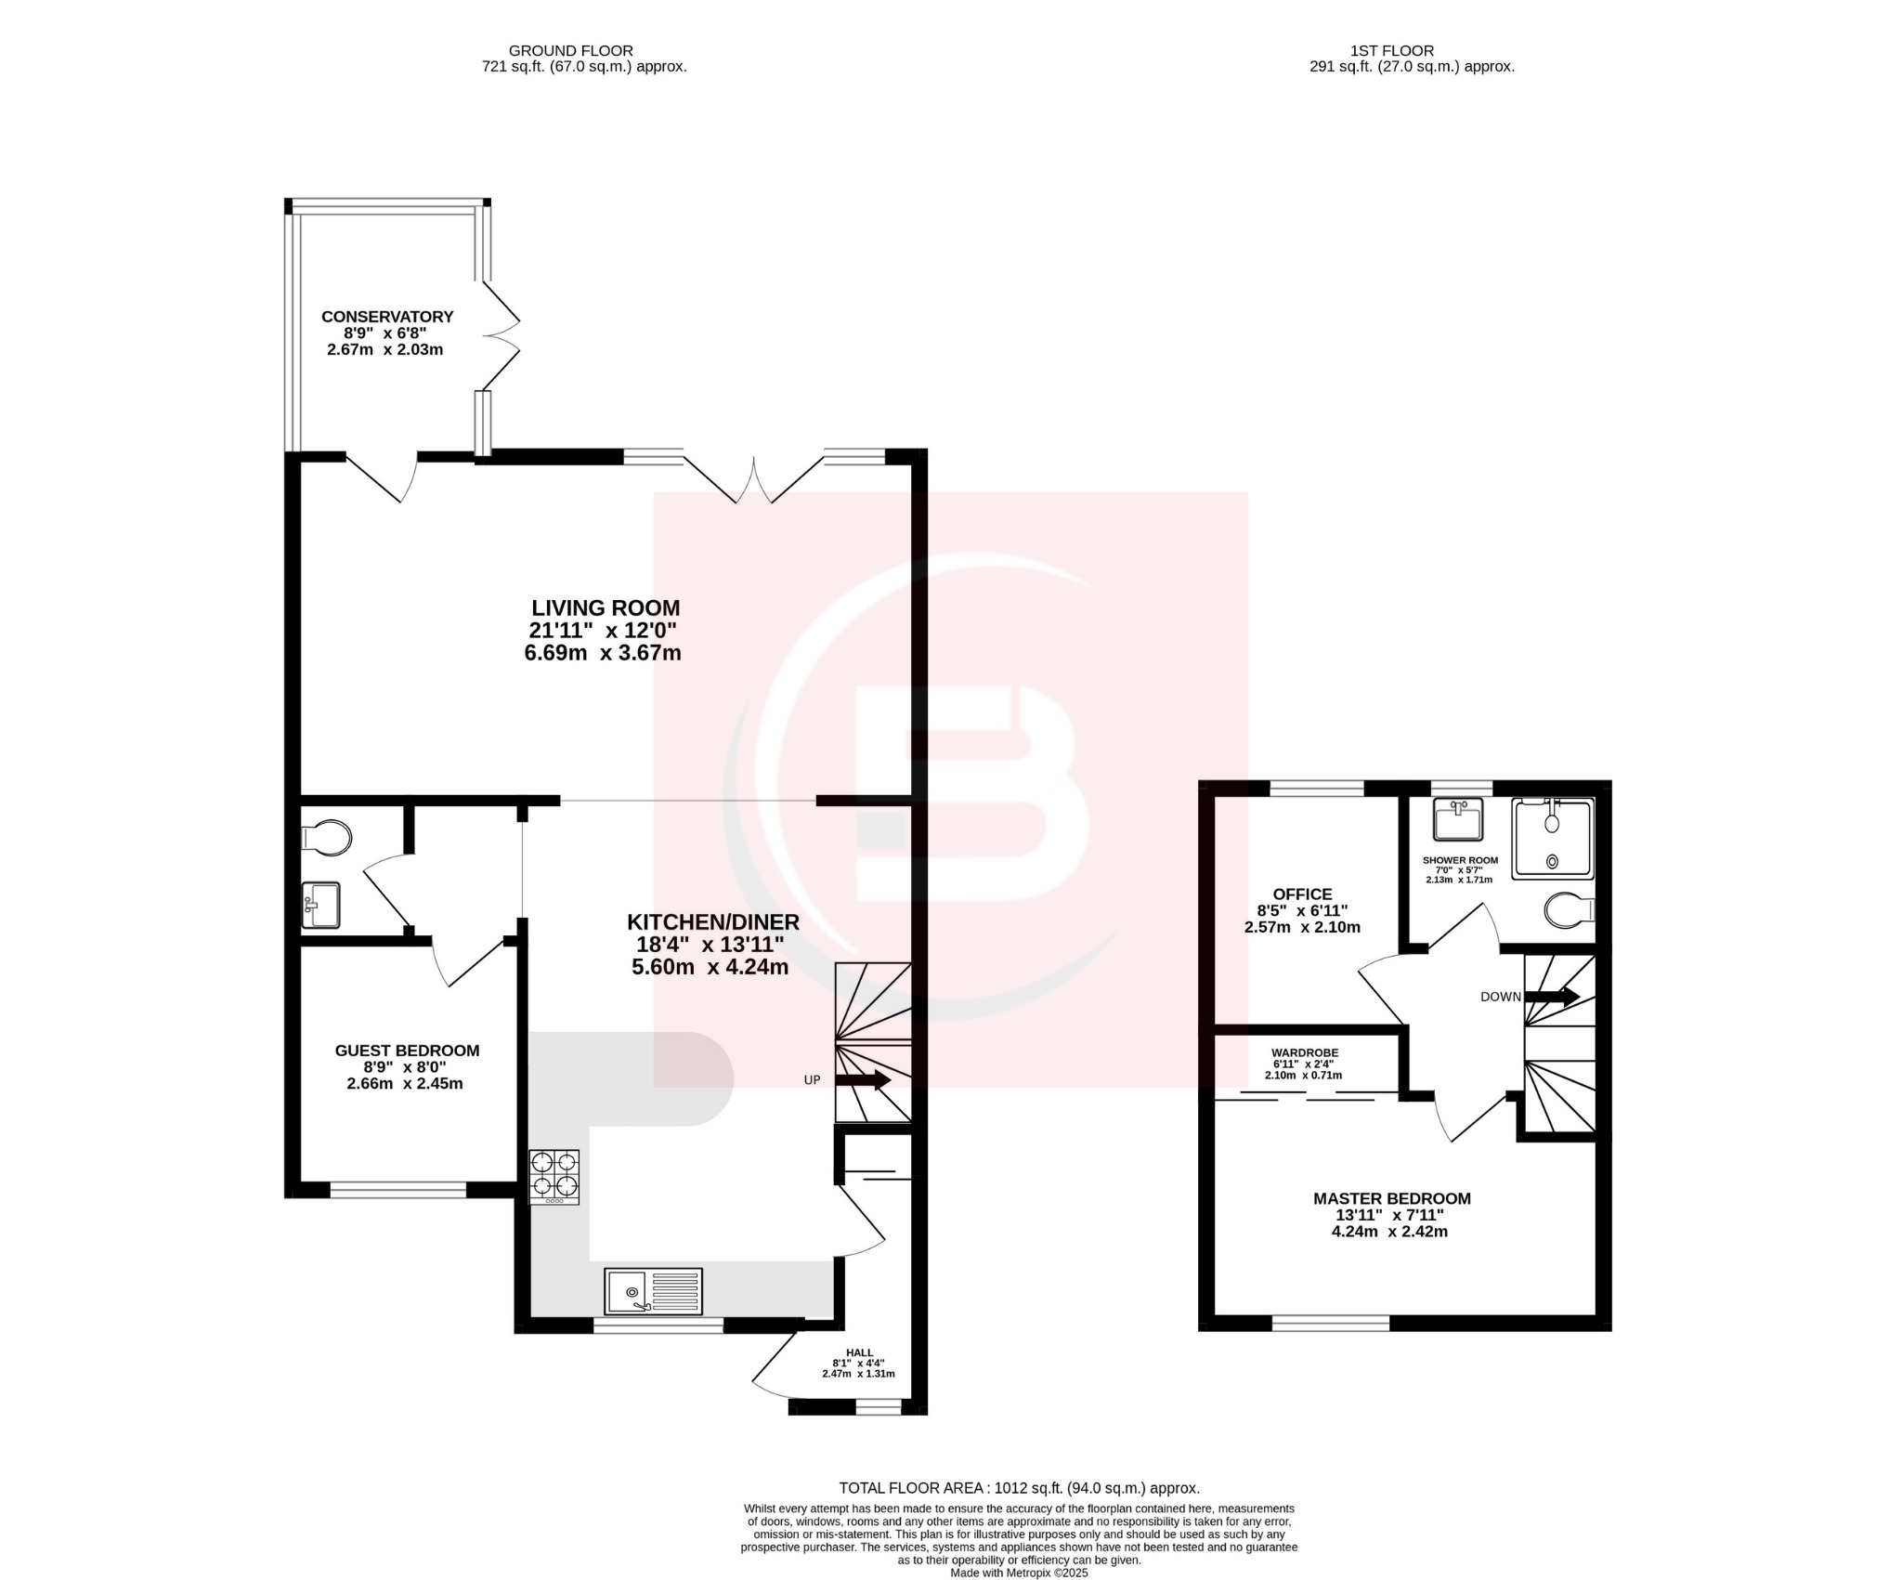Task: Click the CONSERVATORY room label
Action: pos(387,317)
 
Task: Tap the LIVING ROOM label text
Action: pos(606,608)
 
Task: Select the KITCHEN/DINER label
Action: pos(712,922)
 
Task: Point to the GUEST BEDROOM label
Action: pos(407,1051)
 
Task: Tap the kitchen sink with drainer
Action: pos(653,1292)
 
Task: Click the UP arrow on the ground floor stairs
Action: pos(863,1080)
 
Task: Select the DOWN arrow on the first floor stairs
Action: pos(1552,997)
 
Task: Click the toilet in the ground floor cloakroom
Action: pos(327,837)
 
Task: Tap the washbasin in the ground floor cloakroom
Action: pos(321,905)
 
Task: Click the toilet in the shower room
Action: pos(1569,910)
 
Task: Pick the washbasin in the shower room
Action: pos(1457,818)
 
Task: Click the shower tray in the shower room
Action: pos(1552,838)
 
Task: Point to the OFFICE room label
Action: pos(1302,894)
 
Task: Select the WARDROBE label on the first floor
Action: pos(1304,1052)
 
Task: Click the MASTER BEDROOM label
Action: pos(1391,1198)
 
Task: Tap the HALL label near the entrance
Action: pos(859,1352)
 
